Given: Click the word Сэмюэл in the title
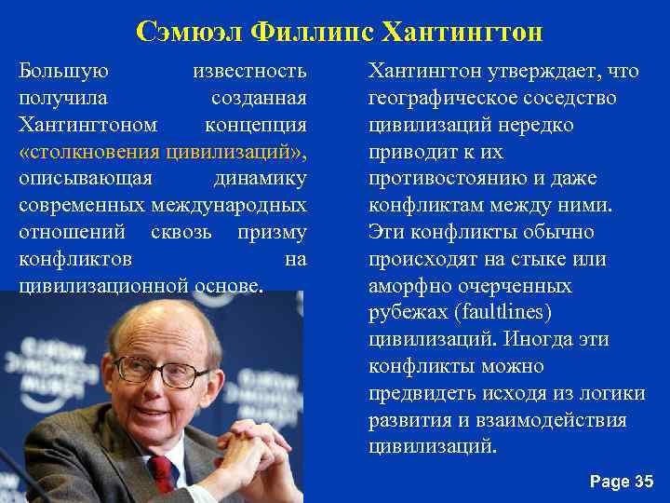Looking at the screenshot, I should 187,33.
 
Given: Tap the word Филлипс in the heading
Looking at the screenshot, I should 309,33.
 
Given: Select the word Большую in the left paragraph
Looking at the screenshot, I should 63,71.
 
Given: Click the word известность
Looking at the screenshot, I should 249,71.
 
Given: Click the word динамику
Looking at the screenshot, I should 261,178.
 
